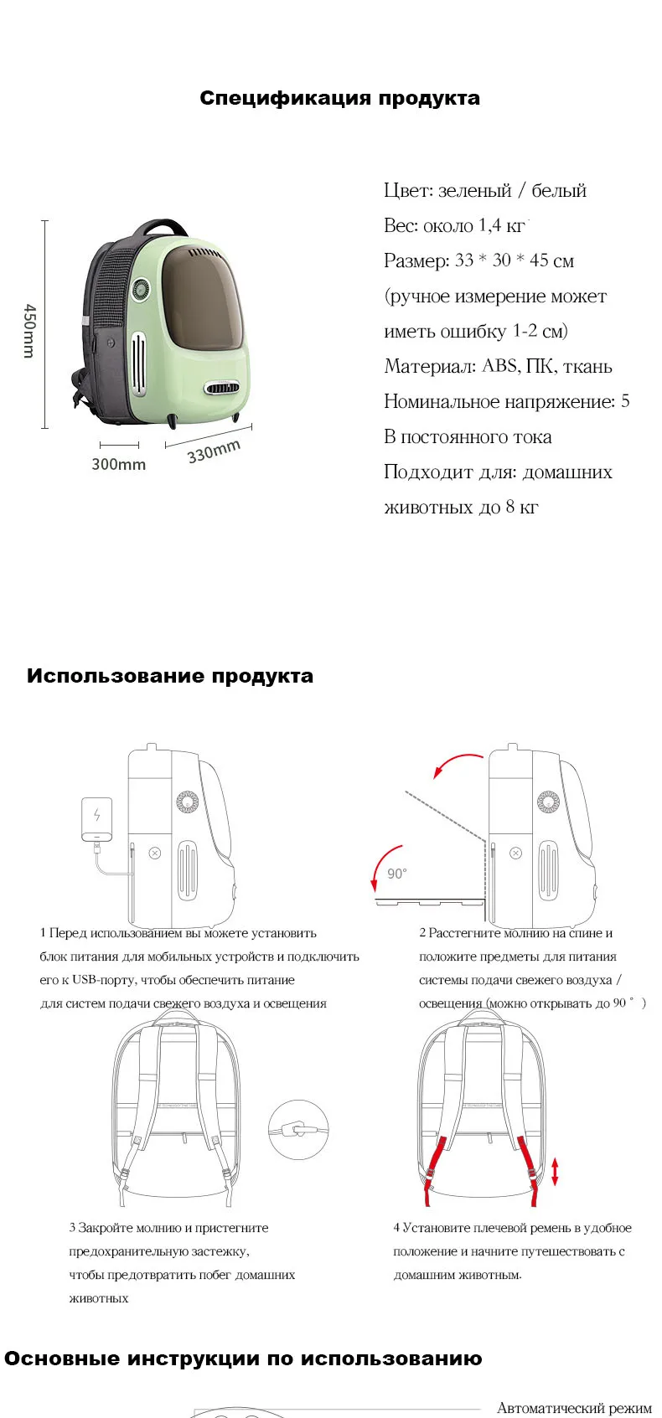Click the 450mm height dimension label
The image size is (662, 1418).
[29, 331]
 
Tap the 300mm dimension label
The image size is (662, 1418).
[118, 464]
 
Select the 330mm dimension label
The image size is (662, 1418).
[215, 451]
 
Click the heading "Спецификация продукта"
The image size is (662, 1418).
[339, 99]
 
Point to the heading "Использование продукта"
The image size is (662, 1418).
[170, 676]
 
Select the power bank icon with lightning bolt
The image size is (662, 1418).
[97, 819]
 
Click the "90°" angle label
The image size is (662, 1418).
[396, 874]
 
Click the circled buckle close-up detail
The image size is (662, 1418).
[298, 1129]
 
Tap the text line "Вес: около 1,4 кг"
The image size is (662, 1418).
[455, 225]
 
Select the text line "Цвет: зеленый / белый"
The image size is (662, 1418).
[485, 190]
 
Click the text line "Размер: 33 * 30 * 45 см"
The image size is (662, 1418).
[479, 260]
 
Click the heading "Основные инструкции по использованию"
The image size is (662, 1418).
[243, 1359]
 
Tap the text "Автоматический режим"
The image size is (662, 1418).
[574, 1408]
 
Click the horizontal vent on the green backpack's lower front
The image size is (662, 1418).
[222, 388]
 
